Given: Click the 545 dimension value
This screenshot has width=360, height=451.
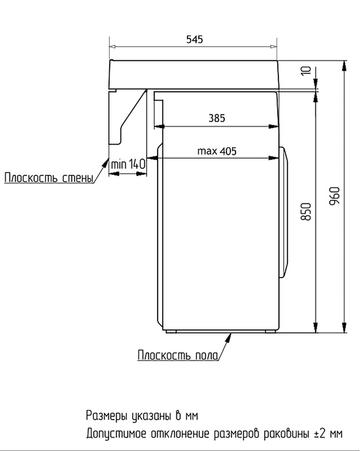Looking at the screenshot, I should tap(194, 39).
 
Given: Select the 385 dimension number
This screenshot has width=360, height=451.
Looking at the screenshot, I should tap(217, 118).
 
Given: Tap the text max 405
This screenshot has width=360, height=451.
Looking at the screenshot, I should tap(217, 151).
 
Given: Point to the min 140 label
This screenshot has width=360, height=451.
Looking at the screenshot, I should tap(128, 165).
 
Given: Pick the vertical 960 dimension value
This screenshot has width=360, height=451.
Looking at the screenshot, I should tap(335, 196).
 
